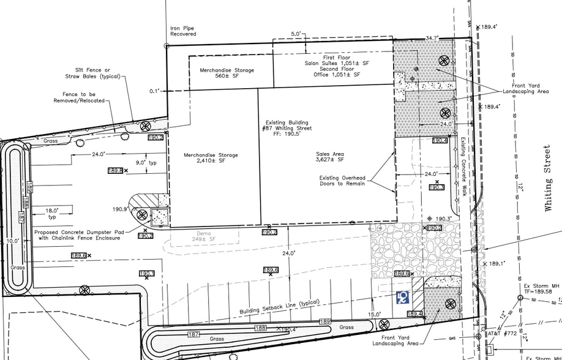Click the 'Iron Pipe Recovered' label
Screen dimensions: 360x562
pos(183,31)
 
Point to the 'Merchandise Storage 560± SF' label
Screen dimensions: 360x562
pos(227,73)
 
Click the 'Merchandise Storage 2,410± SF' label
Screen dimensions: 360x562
pos(211,158)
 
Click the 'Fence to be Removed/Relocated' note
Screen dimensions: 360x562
pos(83,97)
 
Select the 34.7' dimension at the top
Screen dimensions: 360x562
pos(432,39)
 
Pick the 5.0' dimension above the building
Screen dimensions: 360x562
pos(297,34)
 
